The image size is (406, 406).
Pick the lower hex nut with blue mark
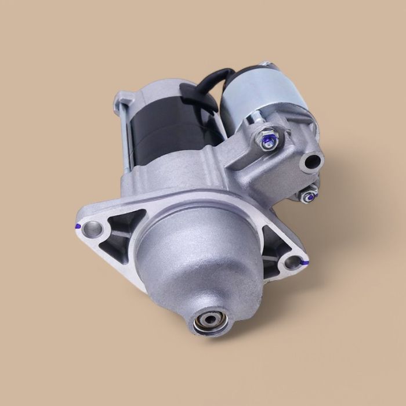(x=309, y=195)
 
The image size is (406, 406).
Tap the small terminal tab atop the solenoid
(x=266, y=63)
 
